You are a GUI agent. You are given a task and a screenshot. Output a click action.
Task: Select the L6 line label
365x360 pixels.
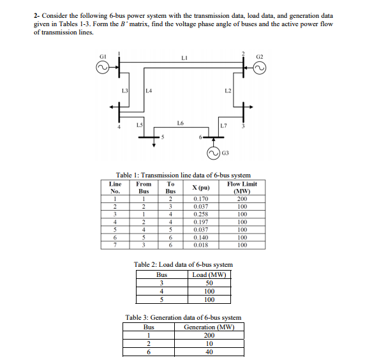click(181, 121)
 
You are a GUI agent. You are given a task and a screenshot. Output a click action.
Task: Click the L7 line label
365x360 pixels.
click(222, 122)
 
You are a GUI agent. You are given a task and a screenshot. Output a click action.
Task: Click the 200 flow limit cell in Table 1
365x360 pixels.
click(242, 199)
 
